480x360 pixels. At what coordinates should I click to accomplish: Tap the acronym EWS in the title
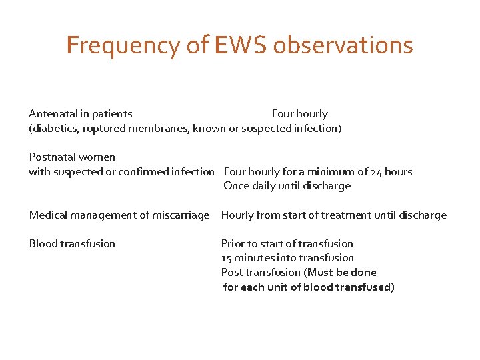241,45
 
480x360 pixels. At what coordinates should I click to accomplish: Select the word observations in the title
343,45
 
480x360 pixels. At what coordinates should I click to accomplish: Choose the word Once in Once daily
236,186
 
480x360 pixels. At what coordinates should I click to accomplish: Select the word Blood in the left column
43,243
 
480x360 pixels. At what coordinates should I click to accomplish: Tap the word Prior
233,243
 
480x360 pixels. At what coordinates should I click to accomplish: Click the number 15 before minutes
227,258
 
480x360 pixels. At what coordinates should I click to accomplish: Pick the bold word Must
321,272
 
